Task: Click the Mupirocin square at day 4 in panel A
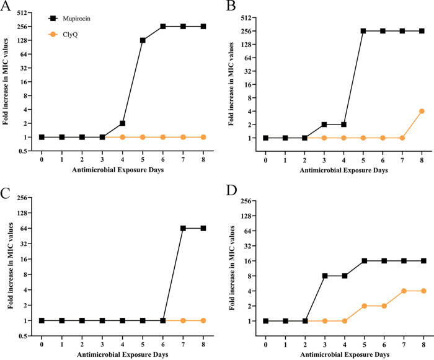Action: click(123, 123)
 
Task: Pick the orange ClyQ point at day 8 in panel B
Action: click(422, 111)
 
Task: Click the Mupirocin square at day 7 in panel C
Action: click(183, 228)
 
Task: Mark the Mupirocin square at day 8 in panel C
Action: click(203, 228)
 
